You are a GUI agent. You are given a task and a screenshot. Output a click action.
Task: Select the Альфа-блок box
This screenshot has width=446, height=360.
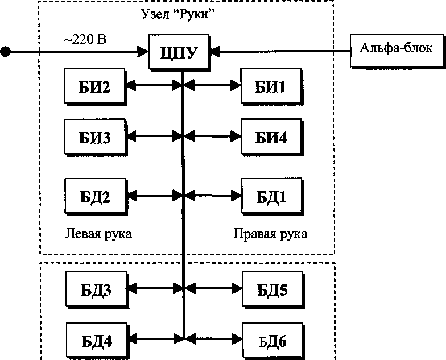[x=396, y=48]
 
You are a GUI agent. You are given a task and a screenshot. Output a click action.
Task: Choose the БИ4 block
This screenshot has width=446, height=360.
[x=271, y=138]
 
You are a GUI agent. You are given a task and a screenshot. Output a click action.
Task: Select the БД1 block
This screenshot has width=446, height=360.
[x=271, y=197]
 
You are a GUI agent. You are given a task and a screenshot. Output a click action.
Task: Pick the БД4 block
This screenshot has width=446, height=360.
[x=96, y=341]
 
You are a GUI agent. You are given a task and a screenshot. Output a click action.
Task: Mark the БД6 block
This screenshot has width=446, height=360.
[x=272, y=341]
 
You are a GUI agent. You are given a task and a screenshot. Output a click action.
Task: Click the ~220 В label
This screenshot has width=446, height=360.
[x=86, y=40]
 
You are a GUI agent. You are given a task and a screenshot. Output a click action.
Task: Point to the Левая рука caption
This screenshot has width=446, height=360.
[x=98, y=234]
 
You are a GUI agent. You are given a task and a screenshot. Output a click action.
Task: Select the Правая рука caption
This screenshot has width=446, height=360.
[x=270, y=234]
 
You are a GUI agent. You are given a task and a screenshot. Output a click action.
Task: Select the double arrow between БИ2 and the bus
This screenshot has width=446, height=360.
[x=154, y=86]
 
